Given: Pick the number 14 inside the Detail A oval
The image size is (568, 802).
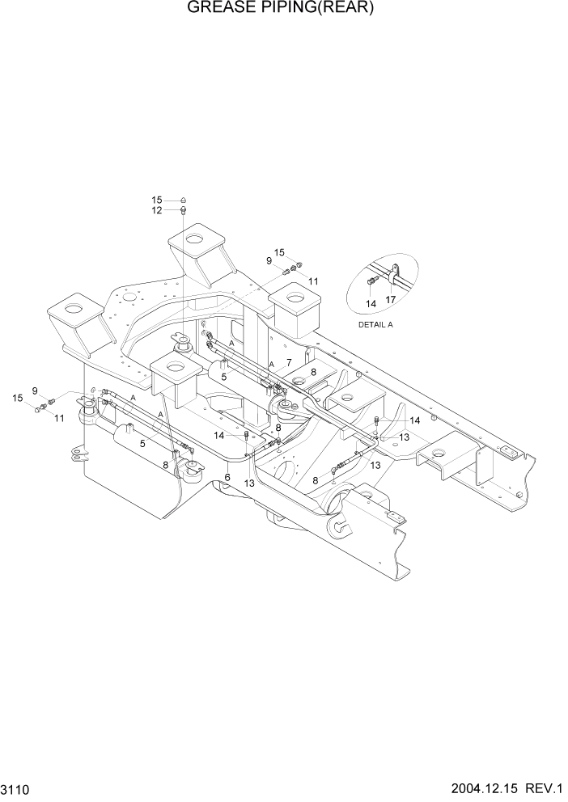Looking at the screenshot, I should (371, 304).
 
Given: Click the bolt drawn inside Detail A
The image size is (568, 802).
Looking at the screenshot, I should (371, 281).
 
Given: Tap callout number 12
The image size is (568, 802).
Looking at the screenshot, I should (156, 210).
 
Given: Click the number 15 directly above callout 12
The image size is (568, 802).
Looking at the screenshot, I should (156, 200).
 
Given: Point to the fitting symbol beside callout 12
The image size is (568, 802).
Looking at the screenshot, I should (184, 210).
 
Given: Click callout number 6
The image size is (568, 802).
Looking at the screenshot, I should (228, 477).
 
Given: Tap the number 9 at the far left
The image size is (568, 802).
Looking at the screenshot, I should (35, 390).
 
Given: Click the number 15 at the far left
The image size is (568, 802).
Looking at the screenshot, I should (17, 398).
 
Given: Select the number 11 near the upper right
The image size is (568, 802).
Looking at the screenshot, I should (312, 281).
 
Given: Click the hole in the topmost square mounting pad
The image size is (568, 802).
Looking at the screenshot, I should (194, 238).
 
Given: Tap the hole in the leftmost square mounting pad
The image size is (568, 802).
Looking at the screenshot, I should (75, 308).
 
